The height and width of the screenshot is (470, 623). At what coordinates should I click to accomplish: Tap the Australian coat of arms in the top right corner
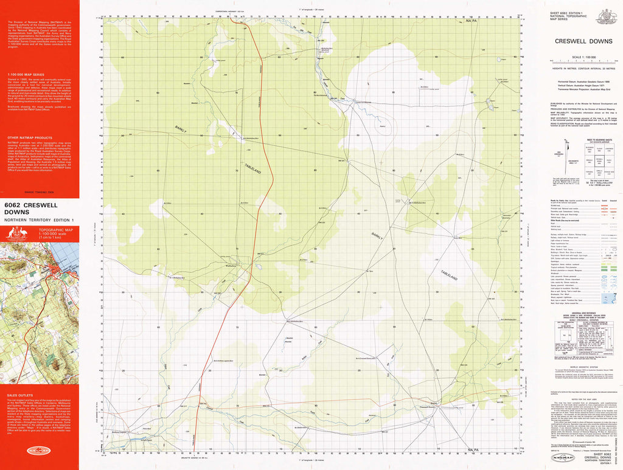(x=606, y=16)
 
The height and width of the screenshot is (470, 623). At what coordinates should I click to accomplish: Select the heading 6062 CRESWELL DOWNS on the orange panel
(x=29, y=209)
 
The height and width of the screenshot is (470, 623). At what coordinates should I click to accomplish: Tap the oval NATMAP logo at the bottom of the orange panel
(x=39, y=451)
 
